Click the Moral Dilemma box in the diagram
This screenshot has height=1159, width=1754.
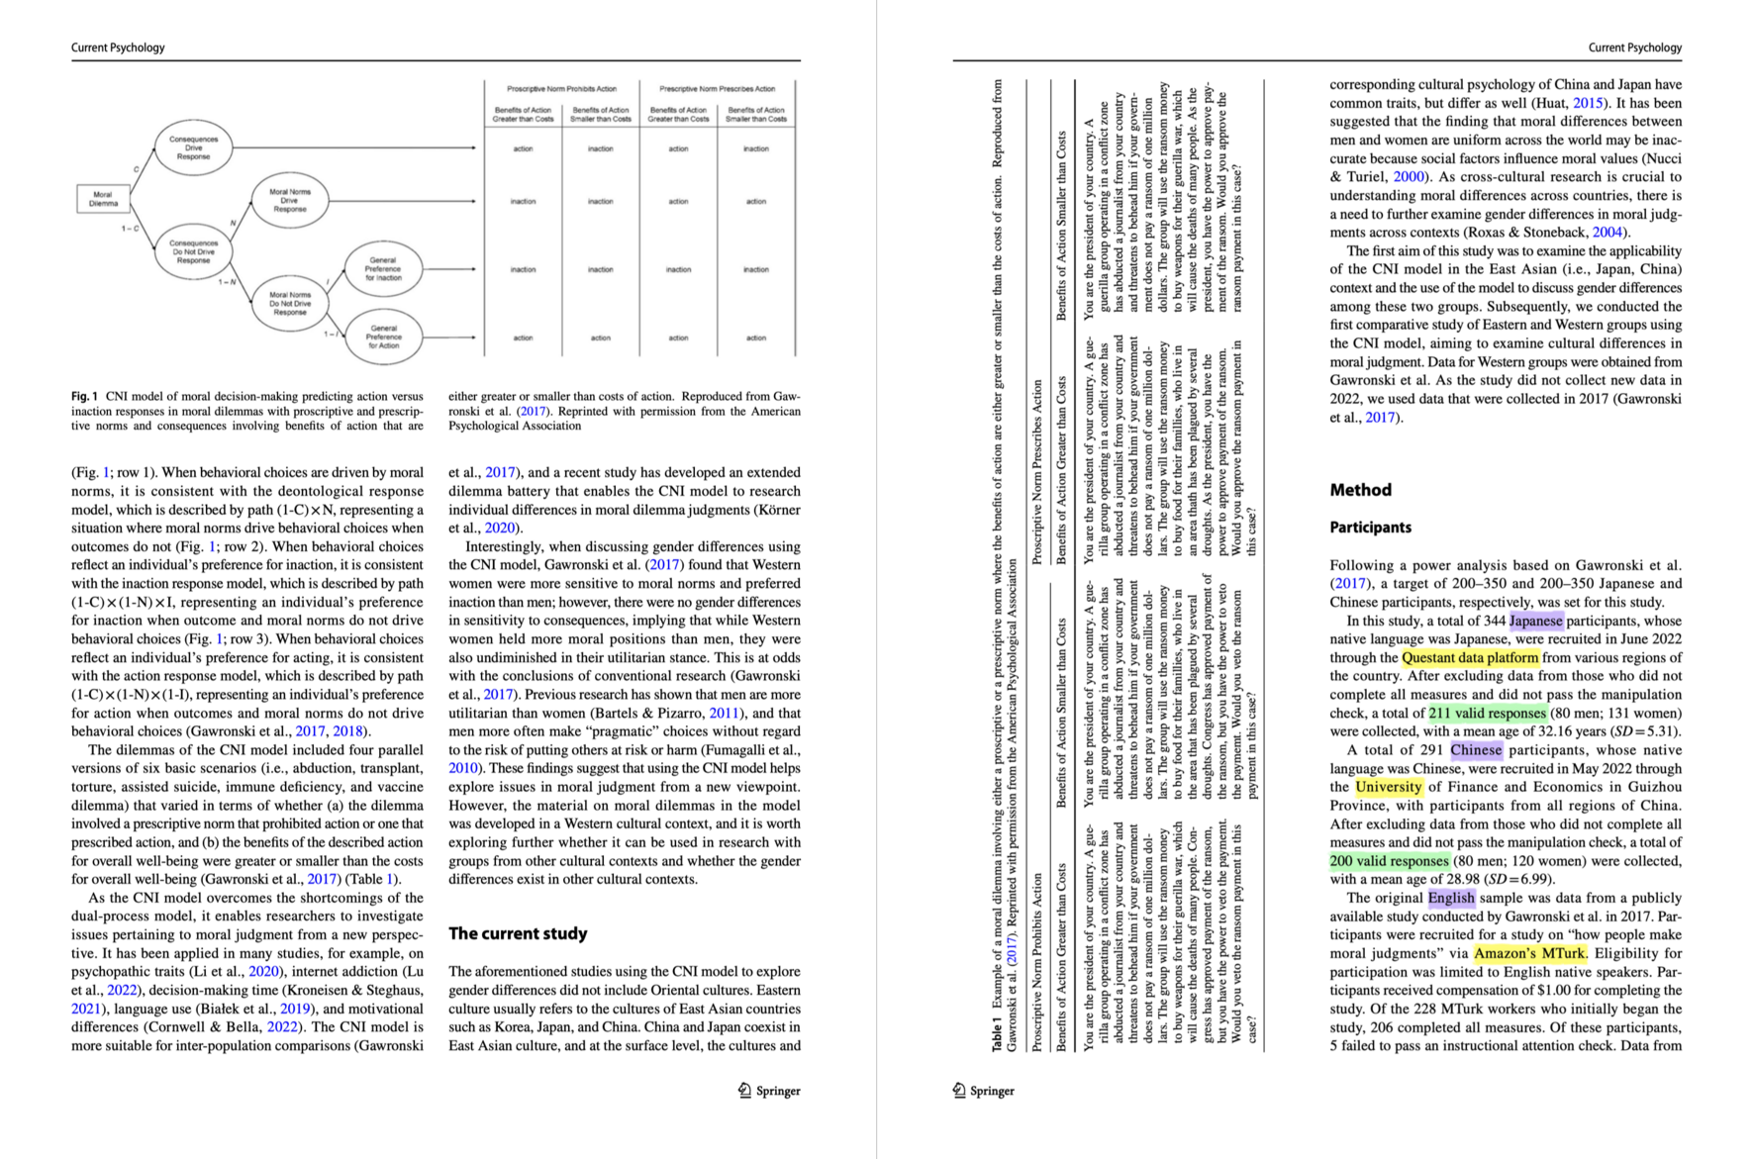coord(103,199)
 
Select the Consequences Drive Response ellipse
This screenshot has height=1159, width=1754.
coord(193,147)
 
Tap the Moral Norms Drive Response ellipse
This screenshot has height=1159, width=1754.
coord(289,200)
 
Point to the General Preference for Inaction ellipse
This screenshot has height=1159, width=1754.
coord(383,269)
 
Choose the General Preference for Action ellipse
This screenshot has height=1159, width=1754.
coord(383,337)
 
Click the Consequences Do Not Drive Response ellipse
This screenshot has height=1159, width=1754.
coord(193,251)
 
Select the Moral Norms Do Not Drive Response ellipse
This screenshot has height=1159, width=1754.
coord(289,304)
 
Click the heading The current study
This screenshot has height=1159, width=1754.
coord(518,933)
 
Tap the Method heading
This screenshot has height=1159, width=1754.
coord(1360,490)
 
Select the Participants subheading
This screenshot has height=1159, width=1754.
coord(1370,528)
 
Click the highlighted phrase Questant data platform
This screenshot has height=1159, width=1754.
coord(1470,658)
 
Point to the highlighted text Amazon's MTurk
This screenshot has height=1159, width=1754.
coord(1529,953)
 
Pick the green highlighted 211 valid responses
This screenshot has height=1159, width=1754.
coord(1487,714)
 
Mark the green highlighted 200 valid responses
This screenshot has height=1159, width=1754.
coord(1389,861)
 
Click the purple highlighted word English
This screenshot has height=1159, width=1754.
coord(1451,898)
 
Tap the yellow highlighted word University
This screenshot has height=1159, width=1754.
coord(1388,787)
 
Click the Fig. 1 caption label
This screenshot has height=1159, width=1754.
coord(84,396)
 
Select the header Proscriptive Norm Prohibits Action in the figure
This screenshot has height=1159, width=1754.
coord(561,89)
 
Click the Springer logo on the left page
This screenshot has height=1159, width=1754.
coord(769,1091)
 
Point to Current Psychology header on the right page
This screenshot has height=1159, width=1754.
coord(1634,48)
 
